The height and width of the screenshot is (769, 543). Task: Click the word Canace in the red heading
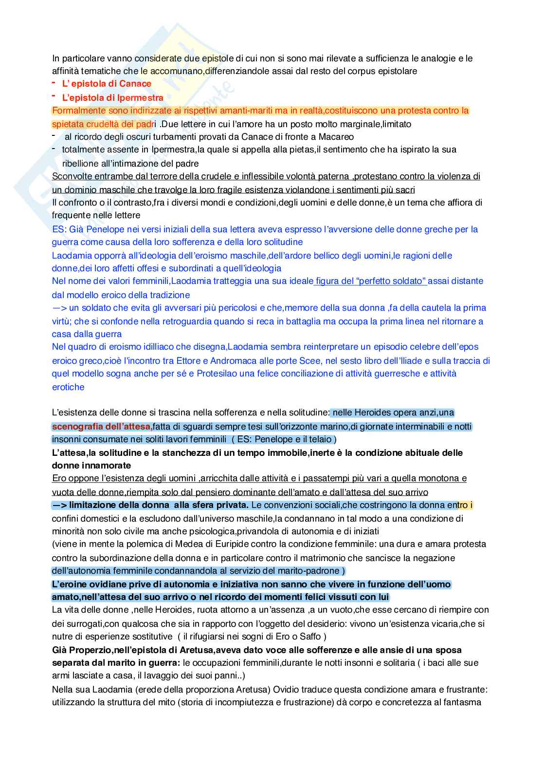pyautogui.click(x=136, y=84)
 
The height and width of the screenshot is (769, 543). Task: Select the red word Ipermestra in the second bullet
pyautogui.click(x=140, y=97)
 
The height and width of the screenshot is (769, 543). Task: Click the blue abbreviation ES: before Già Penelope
pyautogui.click(x=58, y=229)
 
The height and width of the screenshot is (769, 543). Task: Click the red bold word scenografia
pyautogui.click(x=75, y=427)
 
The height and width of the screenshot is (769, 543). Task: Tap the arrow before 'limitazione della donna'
pyautogui.click(x=59, y=505)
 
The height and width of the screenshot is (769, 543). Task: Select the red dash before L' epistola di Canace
pyautogui.click(x=54, y=83)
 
